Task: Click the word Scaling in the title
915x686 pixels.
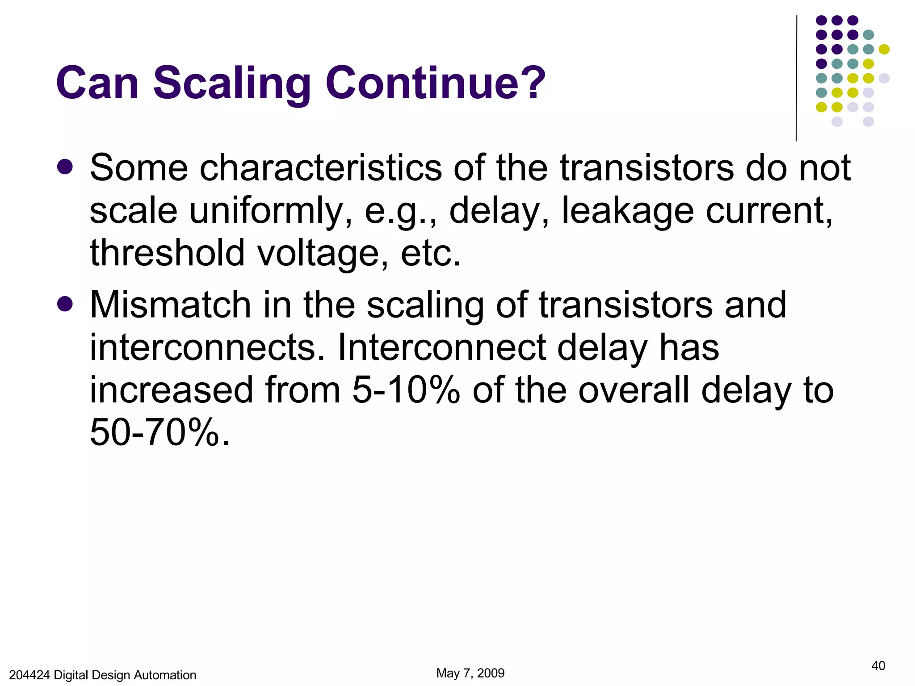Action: coord(232,84)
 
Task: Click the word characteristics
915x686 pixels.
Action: coord(320,168)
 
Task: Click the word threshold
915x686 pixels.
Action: coord(167,253)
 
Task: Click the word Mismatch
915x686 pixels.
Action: coord(170,305)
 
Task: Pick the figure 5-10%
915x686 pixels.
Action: coord(406,390)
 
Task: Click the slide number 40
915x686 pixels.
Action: coord(878,666)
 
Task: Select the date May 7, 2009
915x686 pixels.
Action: coord(470,673)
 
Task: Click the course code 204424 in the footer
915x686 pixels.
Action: coord(29,675)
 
